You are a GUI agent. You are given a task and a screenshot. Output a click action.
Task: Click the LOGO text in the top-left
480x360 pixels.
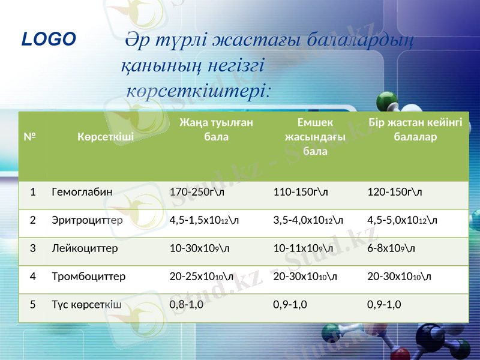(49, 40)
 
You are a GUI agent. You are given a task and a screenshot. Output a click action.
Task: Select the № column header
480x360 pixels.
(28, 136)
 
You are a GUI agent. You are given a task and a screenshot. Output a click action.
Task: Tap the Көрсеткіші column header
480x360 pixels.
(106, 136)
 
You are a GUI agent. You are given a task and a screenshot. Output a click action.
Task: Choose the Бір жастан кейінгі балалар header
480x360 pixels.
(415, 130)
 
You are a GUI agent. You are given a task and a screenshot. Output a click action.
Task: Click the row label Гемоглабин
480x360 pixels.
(82, 193)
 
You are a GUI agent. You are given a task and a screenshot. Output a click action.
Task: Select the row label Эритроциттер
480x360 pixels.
(88, 220)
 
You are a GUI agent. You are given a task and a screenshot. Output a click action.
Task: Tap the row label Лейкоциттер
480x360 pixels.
(85, 248)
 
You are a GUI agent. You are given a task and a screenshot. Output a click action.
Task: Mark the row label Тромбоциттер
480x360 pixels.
(89, 277)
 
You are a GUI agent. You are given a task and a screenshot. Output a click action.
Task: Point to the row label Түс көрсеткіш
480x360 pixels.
(87, 304)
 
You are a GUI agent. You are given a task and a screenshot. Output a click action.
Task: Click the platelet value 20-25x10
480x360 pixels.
(202, 277)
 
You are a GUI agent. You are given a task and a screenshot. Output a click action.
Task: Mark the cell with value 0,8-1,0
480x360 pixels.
(187, 304)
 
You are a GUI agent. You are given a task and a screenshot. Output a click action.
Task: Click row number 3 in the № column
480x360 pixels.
(33, 248)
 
